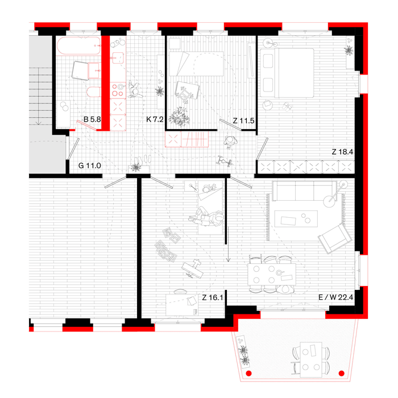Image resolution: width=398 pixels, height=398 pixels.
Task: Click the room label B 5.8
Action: pyautogui.click(x=92, y=120)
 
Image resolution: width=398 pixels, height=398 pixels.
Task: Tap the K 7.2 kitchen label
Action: pyautogui.click(x=154, y=120)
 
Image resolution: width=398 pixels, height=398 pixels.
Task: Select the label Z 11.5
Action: pyautogui.click(x=243, y=121)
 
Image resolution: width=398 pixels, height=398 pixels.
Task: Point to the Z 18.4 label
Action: pyautogui.click(x=343, y=152)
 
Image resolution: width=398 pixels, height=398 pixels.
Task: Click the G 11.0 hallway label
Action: pyautogui.click(x=90, y=165)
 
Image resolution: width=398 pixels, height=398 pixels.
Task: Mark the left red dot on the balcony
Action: pyautogui.click(x=248, y=374)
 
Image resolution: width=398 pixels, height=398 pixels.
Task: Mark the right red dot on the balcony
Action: pyautogui.click(x=341, y=374)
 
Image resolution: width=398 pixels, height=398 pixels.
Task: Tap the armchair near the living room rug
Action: pyautogui.click(x=332, y=237)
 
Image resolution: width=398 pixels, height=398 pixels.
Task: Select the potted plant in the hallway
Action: pyautogui.click(x=135, y=167)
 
